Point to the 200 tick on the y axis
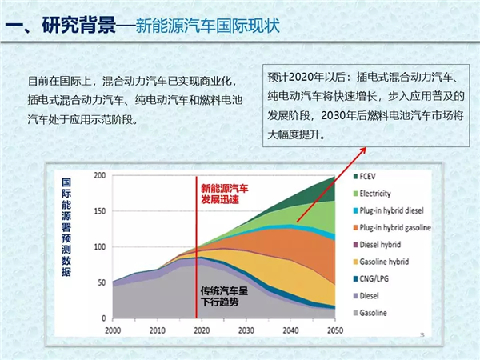(x=99, y=174)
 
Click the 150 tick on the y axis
(x=99, y=210)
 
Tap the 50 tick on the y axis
(x=102, y=282)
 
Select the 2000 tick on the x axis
(x=113, y=330)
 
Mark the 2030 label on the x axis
(x=246, y=330)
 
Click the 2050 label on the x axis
(x=334, y=330)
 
